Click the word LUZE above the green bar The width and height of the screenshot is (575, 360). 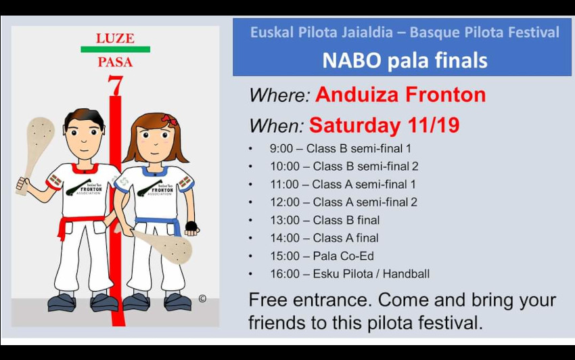(x=115, y=38)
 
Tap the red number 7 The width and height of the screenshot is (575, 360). (x=115, y=85)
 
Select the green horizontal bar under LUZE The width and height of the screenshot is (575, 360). (x=115, y=49)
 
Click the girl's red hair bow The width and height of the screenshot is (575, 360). (x=169, y=119)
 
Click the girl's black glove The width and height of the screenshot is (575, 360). (x=191, y=226)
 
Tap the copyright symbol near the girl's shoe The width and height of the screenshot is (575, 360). (x=202, y=298)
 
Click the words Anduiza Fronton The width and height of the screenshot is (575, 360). (x=400, y=94)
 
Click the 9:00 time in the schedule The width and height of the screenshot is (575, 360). (x=281, y=148)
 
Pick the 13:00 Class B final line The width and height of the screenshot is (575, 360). (x=325, y=220)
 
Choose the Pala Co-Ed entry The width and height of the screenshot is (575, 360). (x=343, y=256)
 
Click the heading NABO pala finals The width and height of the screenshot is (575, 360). (x=405, y=60)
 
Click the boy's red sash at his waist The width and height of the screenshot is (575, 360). (x=80, y=222)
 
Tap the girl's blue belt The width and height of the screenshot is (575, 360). (x=158, y=223)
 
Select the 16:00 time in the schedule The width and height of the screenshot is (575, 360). (x=285, y=274)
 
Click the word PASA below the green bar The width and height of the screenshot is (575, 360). (x=115, y=62)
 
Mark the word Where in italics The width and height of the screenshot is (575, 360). (x=280, y=95)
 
